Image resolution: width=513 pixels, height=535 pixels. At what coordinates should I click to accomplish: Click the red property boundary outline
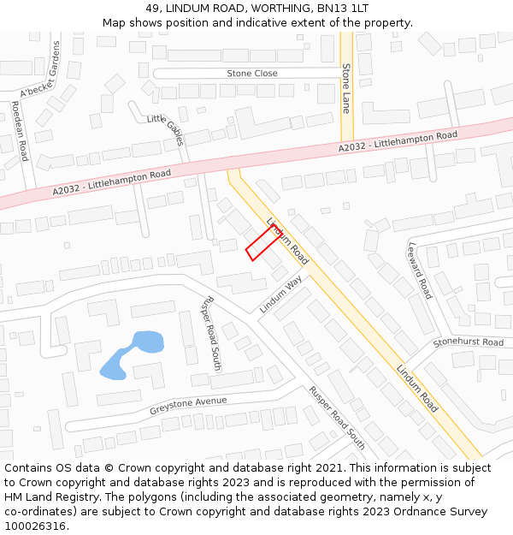click(263, 243)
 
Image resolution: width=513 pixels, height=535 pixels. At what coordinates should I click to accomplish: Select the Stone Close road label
click(251, 74)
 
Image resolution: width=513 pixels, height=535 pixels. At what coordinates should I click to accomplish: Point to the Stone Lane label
click(346, 88)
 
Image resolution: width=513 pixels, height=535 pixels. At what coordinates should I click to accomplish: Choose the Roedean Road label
click(20, 131)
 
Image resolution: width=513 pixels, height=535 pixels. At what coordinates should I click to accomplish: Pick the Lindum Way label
click(281, 294)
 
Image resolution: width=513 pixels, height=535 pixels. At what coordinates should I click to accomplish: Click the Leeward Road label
click(420, 270)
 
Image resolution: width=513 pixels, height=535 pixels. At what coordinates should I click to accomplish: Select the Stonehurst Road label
click(468, 342)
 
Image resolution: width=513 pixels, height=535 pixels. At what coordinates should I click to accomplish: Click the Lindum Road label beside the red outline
click(287, 238)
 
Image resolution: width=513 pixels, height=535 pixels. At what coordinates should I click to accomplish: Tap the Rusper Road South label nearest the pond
click(210, 336)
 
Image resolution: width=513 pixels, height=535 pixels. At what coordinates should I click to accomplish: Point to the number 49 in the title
click(152, 8)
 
